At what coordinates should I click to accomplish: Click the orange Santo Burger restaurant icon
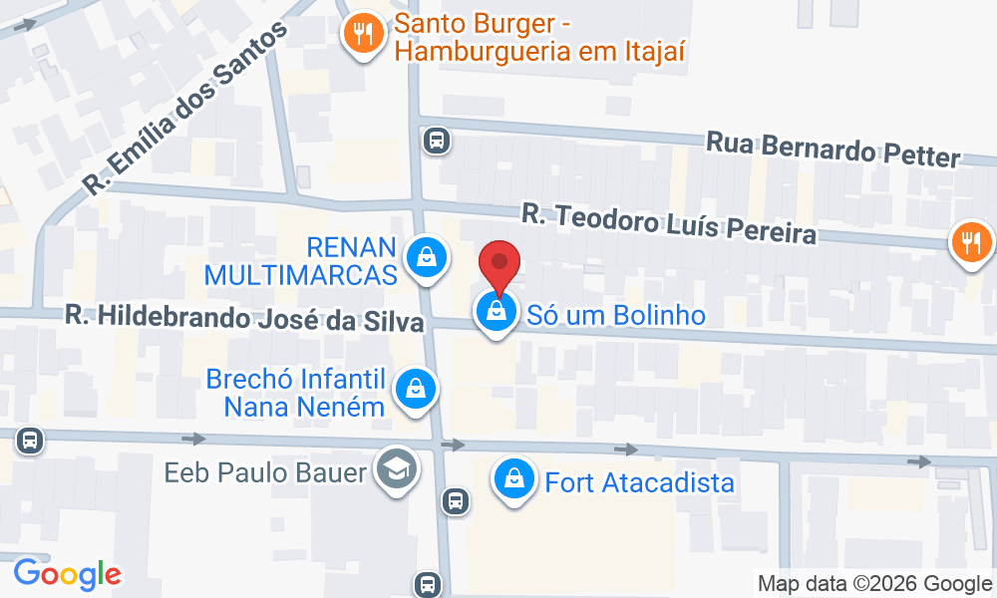pos(363,37)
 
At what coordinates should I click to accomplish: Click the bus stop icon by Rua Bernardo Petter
pos(436,141)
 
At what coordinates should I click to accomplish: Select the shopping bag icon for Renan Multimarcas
pos(427,257)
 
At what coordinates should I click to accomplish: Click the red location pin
pos(499,266)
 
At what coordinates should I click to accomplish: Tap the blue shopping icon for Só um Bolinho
pos(496,315)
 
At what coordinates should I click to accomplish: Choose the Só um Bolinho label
pos(616,316)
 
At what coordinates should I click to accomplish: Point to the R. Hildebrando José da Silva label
pos(245,320)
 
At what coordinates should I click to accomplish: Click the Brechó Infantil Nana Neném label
pos(295,393)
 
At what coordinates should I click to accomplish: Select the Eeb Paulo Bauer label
pos(265,471)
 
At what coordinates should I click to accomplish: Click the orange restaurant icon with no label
pos(968,242)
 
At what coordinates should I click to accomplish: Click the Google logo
pos(67,574)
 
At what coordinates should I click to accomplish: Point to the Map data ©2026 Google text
pos(874,583)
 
